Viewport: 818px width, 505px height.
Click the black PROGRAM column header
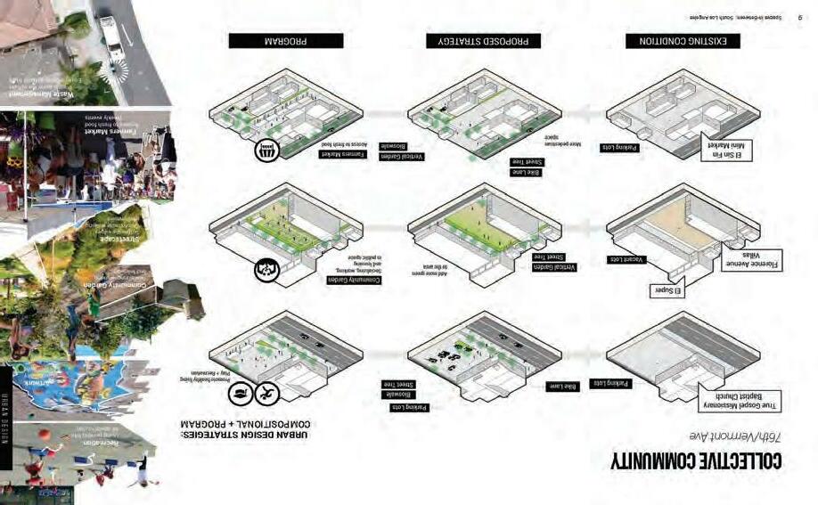click(x=285, y=41)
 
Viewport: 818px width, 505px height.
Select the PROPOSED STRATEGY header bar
click(x=482, y=41)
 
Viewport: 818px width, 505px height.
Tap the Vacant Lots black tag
click(x=626, y=259)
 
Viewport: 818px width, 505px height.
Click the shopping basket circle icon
click(x=266, y=151)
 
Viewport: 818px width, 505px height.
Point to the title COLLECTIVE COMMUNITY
click(x=696, y=460)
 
